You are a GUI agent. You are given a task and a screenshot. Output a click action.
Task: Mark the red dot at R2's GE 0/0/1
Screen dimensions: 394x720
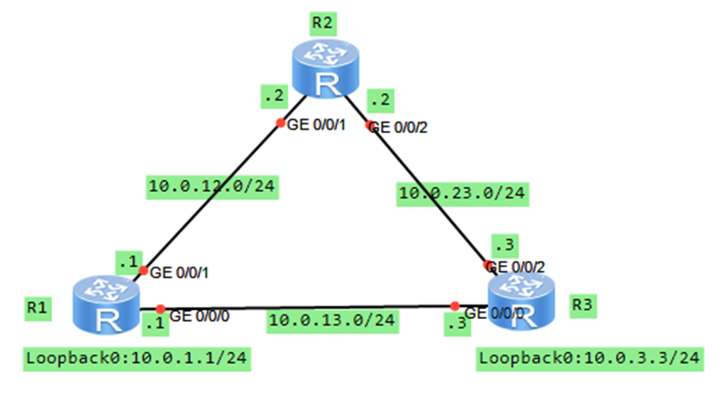(x=280, y=122)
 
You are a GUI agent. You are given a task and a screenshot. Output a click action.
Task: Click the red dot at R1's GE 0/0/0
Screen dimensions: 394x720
(x=156, y=306)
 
